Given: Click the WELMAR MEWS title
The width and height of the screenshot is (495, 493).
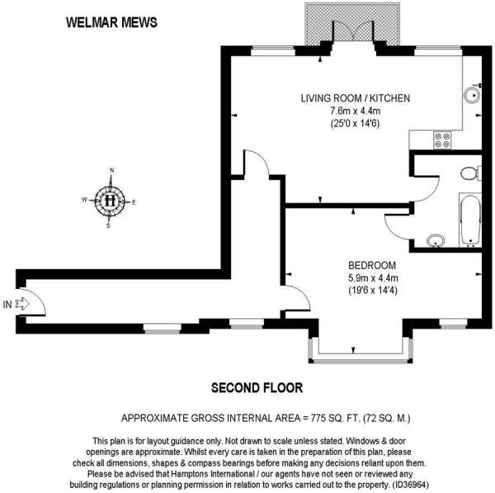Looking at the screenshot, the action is [x=111, y=22].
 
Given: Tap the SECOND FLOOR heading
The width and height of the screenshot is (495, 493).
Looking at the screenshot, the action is [x=257, y=388].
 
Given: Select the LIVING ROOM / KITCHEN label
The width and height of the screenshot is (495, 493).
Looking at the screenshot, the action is [x=355, y=98].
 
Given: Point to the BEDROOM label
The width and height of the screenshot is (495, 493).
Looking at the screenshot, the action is [x=372, y=265].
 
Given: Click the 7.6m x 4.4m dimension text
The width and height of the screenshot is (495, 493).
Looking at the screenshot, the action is [x=355, y=111].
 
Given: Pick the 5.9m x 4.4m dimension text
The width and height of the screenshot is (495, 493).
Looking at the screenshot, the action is [x=373, y=278].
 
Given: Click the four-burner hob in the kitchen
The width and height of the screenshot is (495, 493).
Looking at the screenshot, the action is [x=442, y=140].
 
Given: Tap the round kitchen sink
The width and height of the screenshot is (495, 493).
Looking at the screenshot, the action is [x=472, y=95].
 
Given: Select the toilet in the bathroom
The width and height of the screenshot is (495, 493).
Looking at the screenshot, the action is [x=471, y=173].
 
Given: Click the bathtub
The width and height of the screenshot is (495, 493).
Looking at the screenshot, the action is [x=470, y=220].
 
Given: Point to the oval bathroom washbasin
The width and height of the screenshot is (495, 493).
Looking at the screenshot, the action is [x=436, y=240].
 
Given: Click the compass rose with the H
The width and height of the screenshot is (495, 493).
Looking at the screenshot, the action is [x=110, y=201].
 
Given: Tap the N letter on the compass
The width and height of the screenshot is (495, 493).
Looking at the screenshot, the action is [x=111, y=170].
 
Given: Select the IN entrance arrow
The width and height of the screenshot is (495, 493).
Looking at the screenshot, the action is [x=22, y=304].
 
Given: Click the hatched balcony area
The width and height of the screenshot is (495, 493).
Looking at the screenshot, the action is [x=352, y=25].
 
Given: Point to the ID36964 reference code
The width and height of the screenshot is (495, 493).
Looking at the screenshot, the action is [x=410, y=485].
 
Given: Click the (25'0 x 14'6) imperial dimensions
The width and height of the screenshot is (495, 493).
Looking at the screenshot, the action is [x=355, y=123].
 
